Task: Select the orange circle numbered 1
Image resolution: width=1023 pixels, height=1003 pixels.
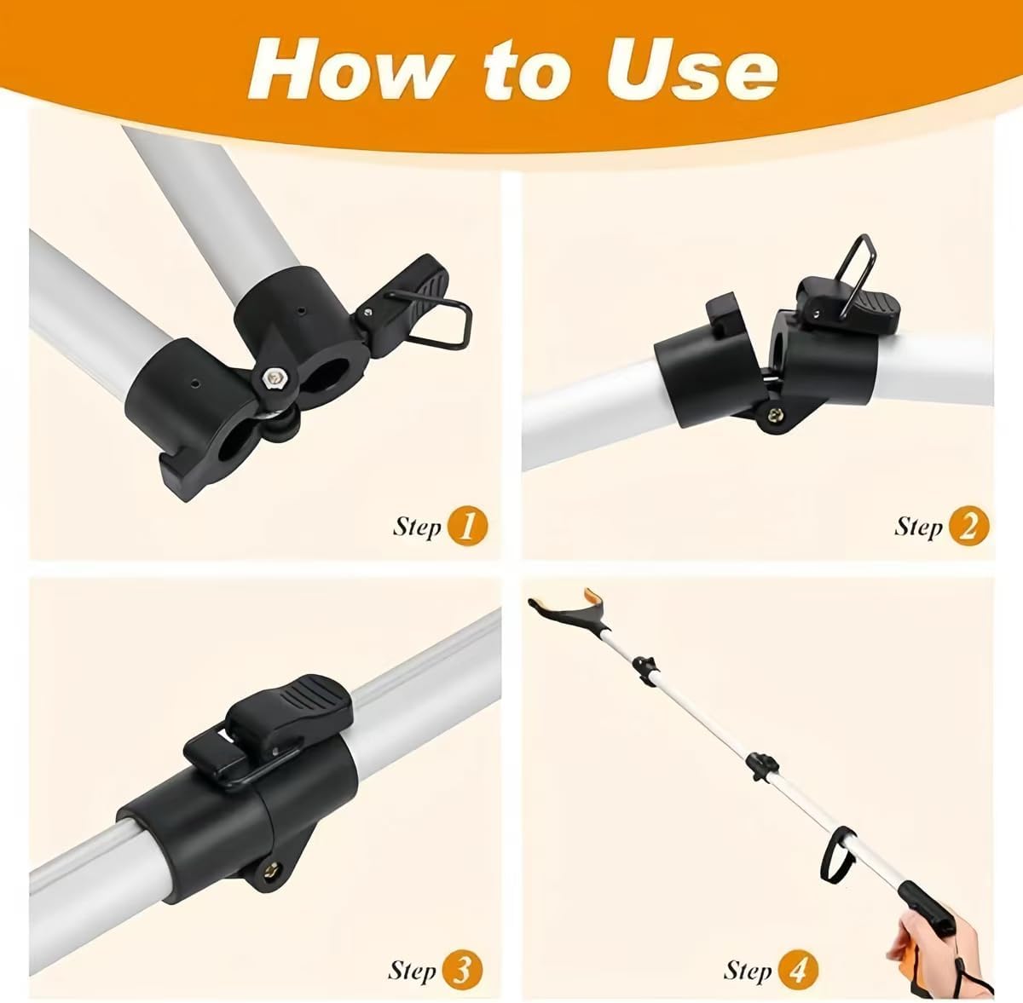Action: click(466, 526)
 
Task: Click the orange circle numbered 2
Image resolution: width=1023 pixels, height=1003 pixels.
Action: click(968, 527)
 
